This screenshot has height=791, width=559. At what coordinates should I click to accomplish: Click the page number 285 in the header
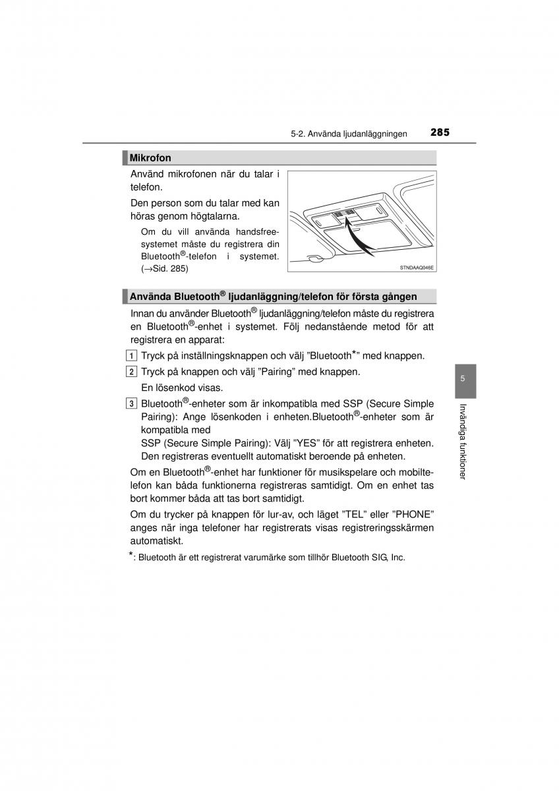coord(440,132)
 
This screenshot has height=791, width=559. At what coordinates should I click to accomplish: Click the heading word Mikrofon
coord(150,158)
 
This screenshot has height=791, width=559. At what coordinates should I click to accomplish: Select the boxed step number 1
coord(132,356)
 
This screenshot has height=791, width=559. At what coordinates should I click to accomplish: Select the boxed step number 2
coord(132,372)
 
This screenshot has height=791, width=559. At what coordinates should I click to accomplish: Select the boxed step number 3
coord(132,403)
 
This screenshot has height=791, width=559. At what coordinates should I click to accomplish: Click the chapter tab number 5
coord(463,379)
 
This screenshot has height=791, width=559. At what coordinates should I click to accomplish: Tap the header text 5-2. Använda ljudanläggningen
coord(349,133)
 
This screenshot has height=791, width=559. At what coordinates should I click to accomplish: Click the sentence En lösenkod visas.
coord(182,388)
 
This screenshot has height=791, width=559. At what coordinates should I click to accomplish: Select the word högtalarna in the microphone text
coord(212,216)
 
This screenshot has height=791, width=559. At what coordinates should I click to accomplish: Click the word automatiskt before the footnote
coord(156,541)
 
